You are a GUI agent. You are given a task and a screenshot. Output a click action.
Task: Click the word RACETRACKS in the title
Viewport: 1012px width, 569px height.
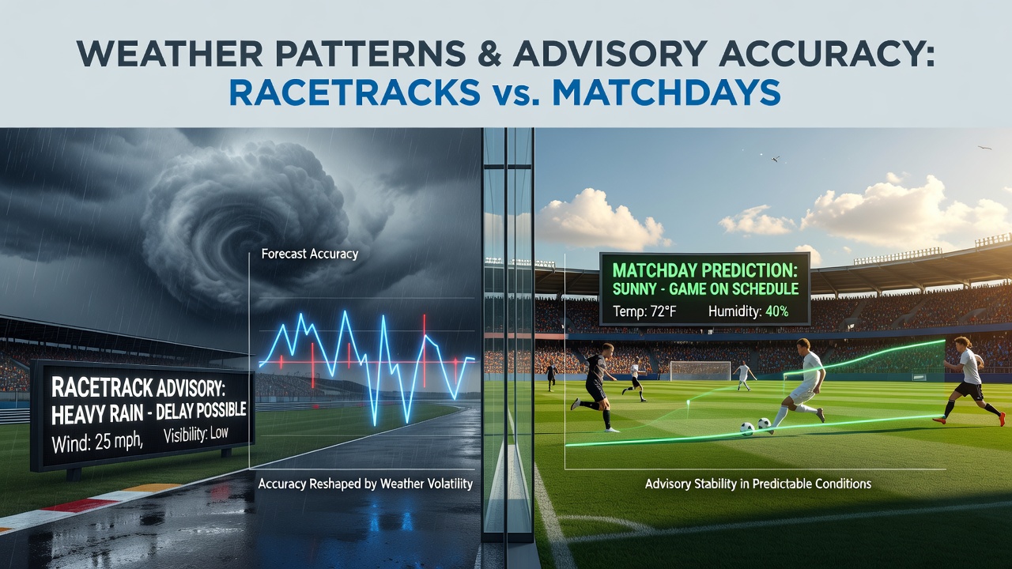[x=355, y=92]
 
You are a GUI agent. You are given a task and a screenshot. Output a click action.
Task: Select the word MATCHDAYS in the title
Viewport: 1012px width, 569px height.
[x=666, y=92]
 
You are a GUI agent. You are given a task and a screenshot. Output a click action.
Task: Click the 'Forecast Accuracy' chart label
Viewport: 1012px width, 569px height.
[x=309, y=254]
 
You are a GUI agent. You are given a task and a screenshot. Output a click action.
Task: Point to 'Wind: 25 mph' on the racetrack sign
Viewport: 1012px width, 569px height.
[x=96, y=443]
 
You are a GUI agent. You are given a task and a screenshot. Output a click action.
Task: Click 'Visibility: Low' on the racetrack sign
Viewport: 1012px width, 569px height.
[x=195, y=435]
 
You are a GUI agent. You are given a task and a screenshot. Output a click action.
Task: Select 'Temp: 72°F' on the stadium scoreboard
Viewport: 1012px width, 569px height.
[x=644, y=311]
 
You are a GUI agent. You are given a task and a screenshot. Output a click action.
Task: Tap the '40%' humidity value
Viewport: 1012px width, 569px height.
[x=777, y=311]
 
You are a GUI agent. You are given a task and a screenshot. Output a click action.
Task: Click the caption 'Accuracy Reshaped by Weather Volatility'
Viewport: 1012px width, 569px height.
[x=365, y=484]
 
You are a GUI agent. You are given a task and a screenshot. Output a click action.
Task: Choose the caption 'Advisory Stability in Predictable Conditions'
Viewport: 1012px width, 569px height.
[x=757, y=484]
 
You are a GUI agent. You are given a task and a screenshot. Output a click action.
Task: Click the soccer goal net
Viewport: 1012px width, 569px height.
[x=700, y=371]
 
